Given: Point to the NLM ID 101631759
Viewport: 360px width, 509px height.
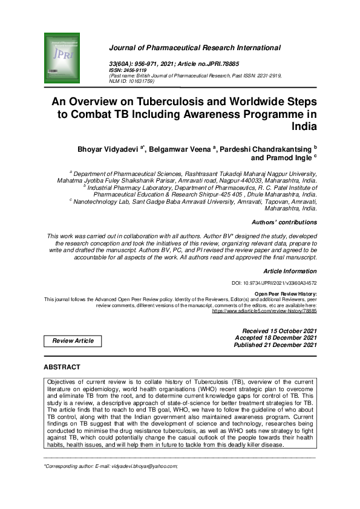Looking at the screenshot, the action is pos(140,80).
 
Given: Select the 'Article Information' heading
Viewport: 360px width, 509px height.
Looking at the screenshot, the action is pos(290,271).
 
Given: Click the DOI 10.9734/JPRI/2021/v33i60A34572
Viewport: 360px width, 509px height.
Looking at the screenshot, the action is pos(274,283).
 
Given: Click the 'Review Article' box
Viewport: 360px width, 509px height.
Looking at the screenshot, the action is pos(73,341).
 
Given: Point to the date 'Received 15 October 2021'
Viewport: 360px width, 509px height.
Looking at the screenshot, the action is pos(279,331).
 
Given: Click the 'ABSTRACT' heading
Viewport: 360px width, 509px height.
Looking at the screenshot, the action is pos(62,367).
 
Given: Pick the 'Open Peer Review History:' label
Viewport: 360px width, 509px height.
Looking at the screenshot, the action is pos(285,294).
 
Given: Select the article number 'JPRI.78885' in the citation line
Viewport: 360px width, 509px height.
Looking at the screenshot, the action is pos(219,63).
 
